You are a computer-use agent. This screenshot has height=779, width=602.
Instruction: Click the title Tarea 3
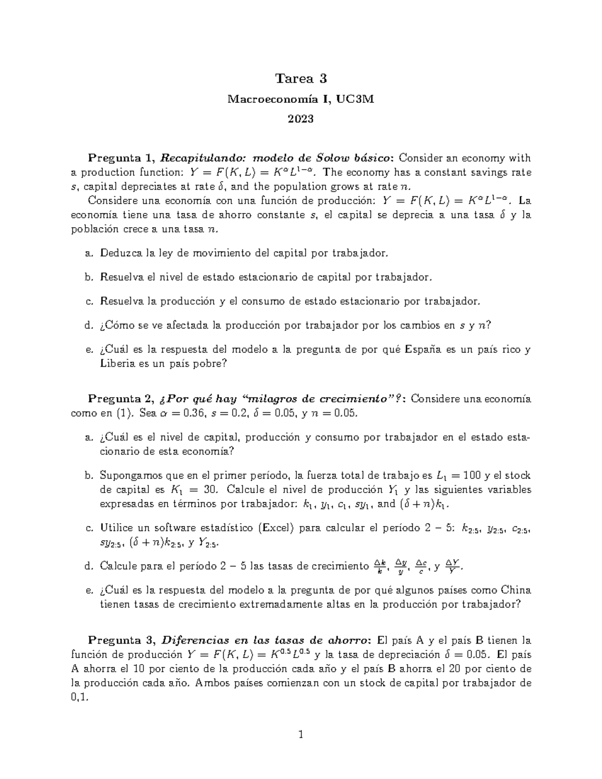[300, 79]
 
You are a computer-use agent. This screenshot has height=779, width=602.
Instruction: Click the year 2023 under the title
[300, 119]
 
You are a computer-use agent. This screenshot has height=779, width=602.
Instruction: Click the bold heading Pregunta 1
[120, 159]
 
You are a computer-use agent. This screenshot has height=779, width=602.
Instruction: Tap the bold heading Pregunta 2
[120, 399]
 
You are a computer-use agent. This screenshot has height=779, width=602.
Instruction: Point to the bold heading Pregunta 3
[120, 641]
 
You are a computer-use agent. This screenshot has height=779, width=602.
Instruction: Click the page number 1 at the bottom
[300, 735]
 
